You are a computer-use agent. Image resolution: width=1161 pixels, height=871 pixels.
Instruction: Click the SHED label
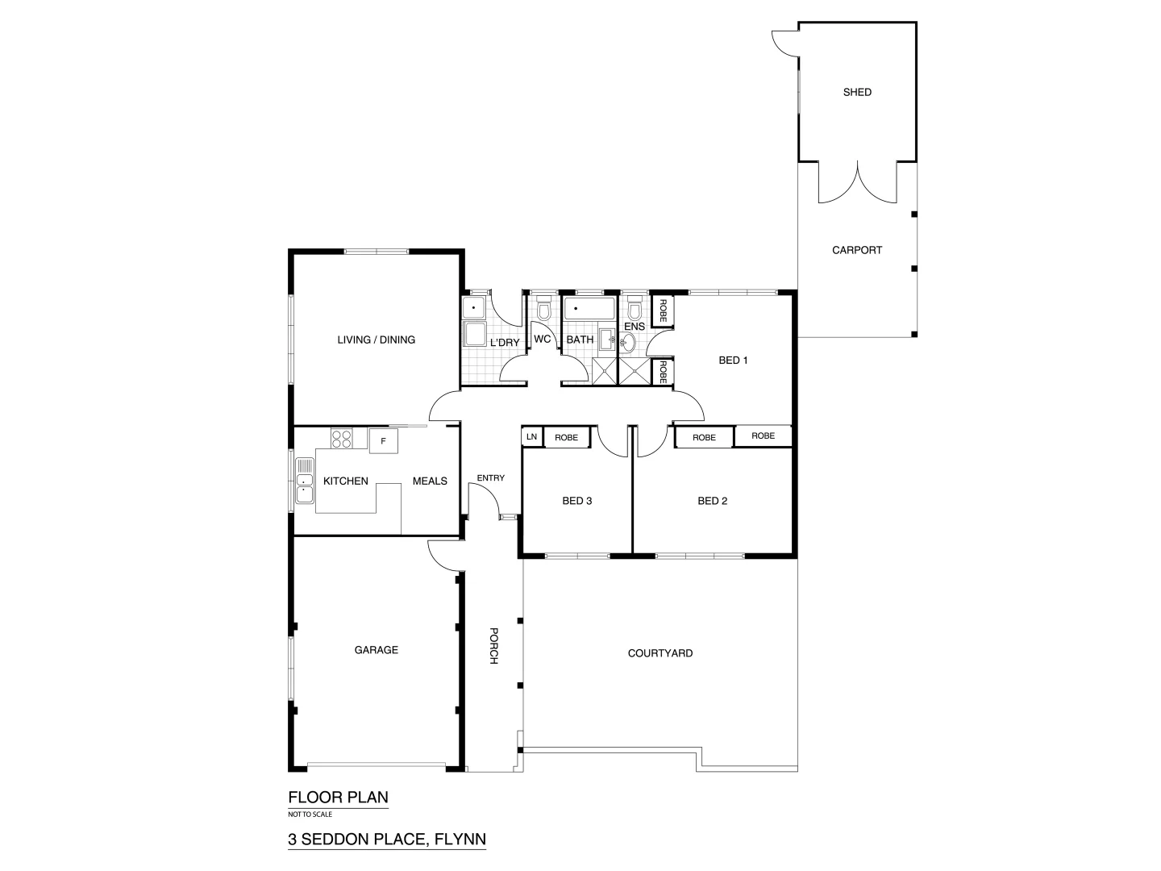click(x=857, y=92)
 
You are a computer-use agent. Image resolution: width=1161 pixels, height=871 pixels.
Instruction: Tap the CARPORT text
click(x=857, y=250)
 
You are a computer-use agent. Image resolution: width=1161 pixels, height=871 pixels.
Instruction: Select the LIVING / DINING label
click(x=376, y=340)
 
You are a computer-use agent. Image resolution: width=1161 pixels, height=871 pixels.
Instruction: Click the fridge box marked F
click(x=384, y=441)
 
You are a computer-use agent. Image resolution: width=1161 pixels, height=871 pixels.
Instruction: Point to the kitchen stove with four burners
click(x=341, y=439)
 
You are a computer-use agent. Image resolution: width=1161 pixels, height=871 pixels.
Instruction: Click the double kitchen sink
click(x=305, y=481)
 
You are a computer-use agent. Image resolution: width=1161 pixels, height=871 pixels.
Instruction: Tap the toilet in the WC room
click(x=543, y=310)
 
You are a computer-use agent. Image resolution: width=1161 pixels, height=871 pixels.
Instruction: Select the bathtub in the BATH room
click(x=589, y=308)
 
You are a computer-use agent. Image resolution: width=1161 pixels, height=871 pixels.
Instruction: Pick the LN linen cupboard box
click(x=531, y=437)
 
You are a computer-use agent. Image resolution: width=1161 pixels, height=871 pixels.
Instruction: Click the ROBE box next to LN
click(x=566, y=437)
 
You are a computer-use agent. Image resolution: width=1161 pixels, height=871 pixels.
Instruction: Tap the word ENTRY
click(x=490, y=478)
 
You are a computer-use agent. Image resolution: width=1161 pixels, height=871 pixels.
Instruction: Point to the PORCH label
click(x=493, y=645)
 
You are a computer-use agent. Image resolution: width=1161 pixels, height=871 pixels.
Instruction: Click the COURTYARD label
click(x=660, y=653)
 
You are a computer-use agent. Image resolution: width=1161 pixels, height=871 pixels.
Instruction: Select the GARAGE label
click(x=376, y=650)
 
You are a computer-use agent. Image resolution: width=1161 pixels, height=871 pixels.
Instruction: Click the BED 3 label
click(x=576, y=501)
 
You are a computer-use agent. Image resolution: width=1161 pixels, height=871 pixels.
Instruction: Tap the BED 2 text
click(x=712, y=501)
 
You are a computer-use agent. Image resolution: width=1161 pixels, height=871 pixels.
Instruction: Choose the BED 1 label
click(x=733, y=360)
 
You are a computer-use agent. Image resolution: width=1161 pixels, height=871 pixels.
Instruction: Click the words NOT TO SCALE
click(x=310, y=815)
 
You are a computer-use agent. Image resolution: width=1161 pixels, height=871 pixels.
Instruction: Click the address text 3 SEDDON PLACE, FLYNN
click(x=387, y=840)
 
